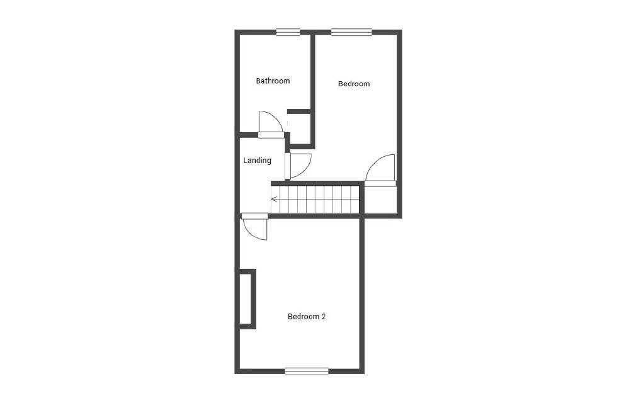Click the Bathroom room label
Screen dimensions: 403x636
click(x=273, y=81)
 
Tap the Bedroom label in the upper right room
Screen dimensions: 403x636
click(x=353, y=84)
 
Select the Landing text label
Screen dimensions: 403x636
click(x=257, y=161)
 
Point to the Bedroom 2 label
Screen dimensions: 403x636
click(x=306, y=317)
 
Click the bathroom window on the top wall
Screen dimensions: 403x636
click(x=288, y=33)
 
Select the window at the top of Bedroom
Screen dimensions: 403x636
click(x=351, y=33)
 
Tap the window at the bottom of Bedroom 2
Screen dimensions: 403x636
click(x=307, y=371)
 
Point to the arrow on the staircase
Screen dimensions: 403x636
click(x=275, y=200)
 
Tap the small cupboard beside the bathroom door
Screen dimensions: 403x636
click(x=300, y=129)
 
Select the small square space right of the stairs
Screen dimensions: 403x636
click(x=380, y=200)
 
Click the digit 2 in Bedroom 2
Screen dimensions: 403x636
click(x=323, y=317)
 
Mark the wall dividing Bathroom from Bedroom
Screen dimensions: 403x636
click(x=312, y=72)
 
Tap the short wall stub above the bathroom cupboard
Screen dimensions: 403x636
click(x=299, y=111)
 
